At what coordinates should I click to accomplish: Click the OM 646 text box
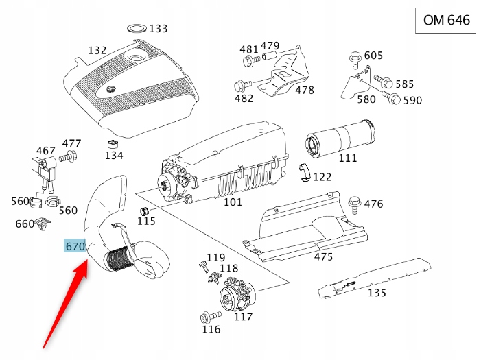tap(447, 20)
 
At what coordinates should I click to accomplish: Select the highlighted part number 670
tap(74, 246)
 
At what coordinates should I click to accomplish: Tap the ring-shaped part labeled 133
tap(137, 28)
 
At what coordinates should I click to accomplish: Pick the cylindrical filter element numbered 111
tap(340, 136)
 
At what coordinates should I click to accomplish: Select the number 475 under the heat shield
tap(322, 256)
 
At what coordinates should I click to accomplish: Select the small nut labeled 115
tap(145, 209)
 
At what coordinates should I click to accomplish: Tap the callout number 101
tap(233, 203)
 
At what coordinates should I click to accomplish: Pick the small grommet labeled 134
tap(112, 145)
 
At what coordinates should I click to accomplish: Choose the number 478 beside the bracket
tap(305, 90)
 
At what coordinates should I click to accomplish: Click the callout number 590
tap(412, 101)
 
